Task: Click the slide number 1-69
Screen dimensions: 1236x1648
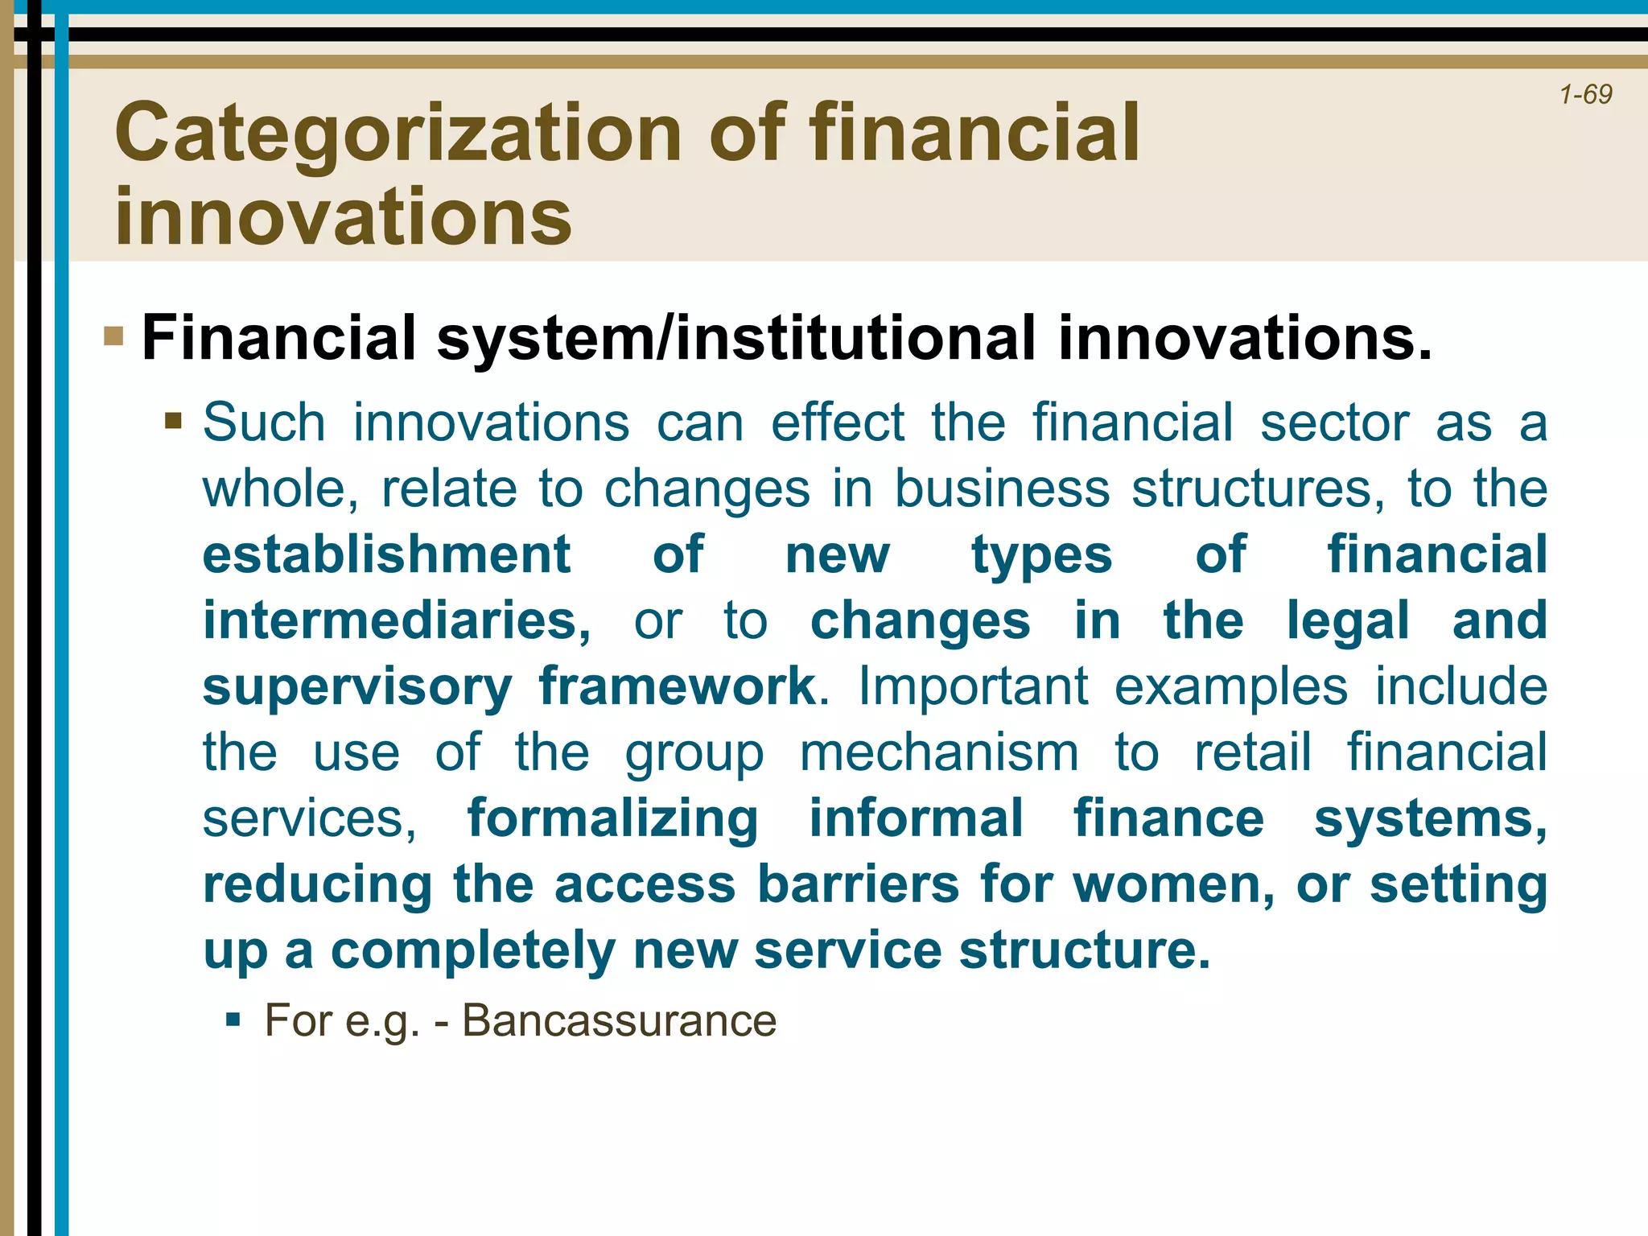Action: (1585, 95)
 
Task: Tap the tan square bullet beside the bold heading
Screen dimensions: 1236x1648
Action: (113, 336)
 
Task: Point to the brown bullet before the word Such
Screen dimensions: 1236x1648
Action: (173, 421)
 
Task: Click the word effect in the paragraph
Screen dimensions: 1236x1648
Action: (838, 422)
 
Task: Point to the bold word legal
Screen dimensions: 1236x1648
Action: (1348, 622)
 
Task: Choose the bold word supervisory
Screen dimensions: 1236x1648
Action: (357, 688)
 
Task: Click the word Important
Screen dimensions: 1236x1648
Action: (973, 686)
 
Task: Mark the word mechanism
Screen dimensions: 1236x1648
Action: (939, 752)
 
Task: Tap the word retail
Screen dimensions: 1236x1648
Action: (1253, 752)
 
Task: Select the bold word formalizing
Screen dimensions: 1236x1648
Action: (612, 819)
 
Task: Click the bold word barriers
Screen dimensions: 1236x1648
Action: (859, 884)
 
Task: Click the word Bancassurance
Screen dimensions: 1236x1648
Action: (619, 1020)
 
